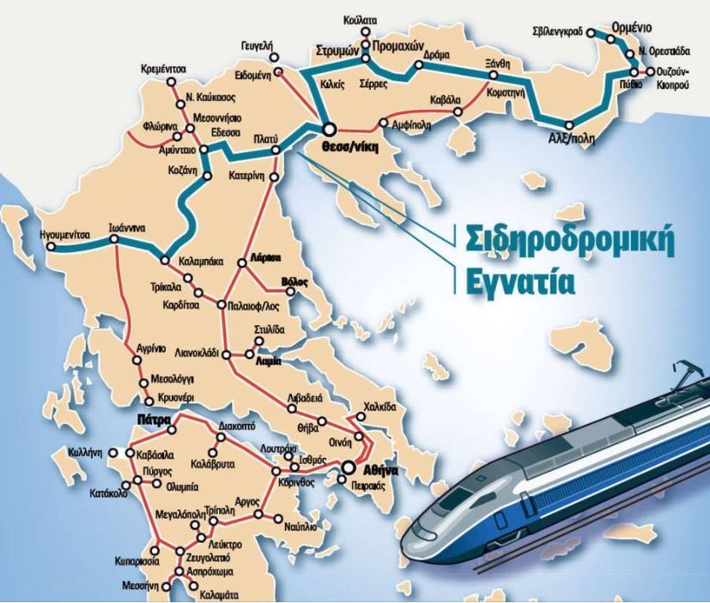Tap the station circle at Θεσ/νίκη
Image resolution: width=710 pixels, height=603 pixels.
click(x=329, y=130)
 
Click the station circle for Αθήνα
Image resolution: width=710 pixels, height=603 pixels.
click(x=349, y=468)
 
